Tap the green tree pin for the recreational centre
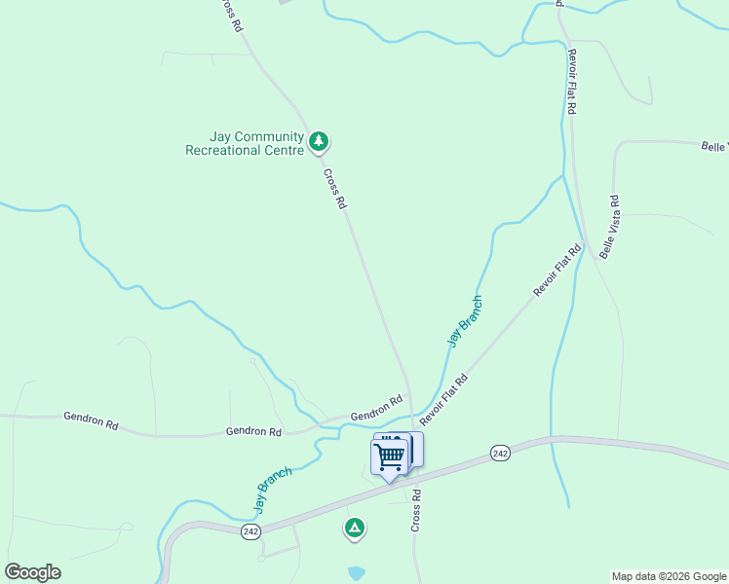[318, 142]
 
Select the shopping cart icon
[390, 456]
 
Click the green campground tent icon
[354, 528]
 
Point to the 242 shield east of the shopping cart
[500, 454]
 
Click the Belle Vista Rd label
[610, 226]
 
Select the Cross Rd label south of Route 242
[416, 509]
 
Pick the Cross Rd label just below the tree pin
[335, 189]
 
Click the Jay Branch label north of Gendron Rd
[465, 320]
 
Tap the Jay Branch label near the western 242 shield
[273, 490]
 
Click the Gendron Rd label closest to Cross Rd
[376, 408]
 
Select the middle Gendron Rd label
[253, 431]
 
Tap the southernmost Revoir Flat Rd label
[444, 396]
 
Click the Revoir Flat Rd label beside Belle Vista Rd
[556, 270]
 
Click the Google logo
[32, 572]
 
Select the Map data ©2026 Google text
[669, 576]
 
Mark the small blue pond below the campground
[357, 573]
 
